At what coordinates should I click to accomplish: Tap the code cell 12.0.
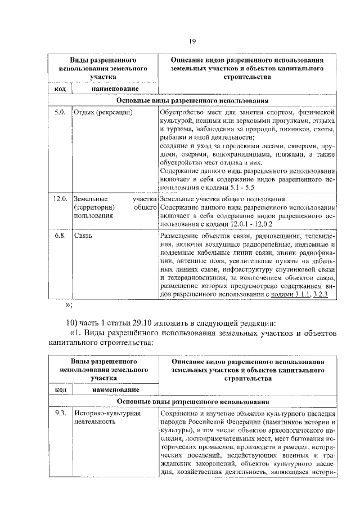click(60, 199)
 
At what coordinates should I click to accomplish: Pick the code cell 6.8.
click(60, 235)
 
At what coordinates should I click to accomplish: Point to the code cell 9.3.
click(60, 414)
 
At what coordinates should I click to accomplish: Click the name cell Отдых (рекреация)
click(103, 113)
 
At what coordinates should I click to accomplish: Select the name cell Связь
click(83, 235)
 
